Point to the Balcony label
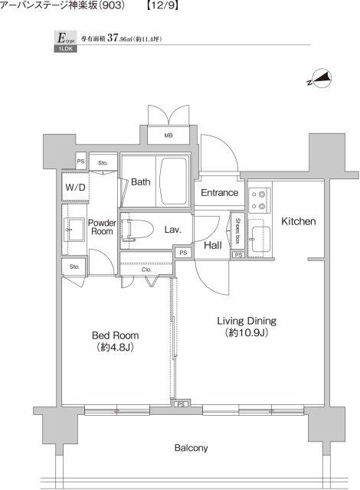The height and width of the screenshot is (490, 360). tap(190, 448)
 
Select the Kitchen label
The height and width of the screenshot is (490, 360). tap(298, 221)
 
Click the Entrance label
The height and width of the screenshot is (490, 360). tap(219, 193)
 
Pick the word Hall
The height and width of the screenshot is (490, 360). tap(213, 245)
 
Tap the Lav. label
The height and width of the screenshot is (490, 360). tap(172, 229)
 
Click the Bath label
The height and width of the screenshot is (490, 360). tap(140, 182)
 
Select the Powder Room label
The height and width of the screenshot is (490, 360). tap(102, 227)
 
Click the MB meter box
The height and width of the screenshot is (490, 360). tap(168, 136)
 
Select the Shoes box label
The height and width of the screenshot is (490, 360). tap(238, 228)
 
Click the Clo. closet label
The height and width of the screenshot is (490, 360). tap(147, 269)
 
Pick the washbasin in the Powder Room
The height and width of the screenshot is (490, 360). tap(76, 228)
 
